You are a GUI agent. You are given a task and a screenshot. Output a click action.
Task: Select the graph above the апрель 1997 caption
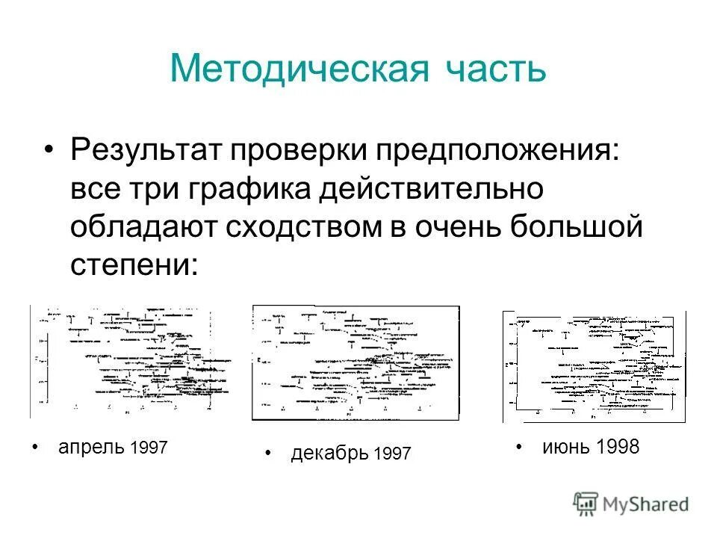131,361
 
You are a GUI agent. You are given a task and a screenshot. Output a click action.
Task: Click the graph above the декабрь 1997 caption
356,362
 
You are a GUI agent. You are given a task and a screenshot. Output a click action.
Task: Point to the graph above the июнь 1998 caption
594,366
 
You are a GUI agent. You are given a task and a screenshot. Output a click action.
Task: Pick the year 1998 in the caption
618,447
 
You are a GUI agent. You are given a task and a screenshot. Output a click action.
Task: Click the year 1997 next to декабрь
391,454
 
